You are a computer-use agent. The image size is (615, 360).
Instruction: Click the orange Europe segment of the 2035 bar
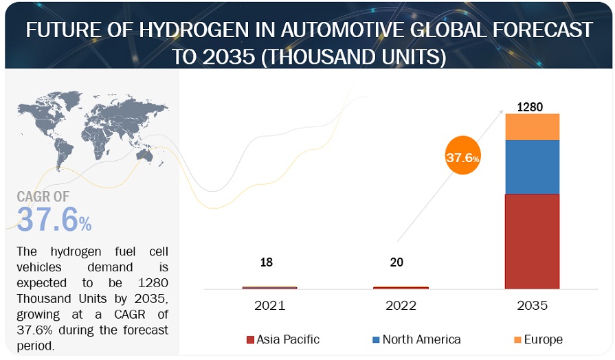click(532, 127)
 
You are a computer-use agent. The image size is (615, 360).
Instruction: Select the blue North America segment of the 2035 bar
click(532, 167)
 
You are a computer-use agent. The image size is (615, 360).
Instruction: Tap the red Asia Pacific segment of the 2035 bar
click(532, 241)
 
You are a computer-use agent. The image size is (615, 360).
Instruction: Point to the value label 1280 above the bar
click(530, 107)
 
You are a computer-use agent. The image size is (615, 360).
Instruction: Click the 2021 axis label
click(269, 306)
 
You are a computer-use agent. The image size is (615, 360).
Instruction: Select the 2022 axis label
click(401, 306)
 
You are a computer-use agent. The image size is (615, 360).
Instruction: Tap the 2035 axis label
click(530, 306)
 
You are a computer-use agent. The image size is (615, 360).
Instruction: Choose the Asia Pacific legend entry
click(282, 339)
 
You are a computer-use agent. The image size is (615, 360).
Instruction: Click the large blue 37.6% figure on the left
click(54, 219)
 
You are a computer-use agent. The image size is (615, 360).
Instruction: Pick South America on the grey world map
click(63, 150)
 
